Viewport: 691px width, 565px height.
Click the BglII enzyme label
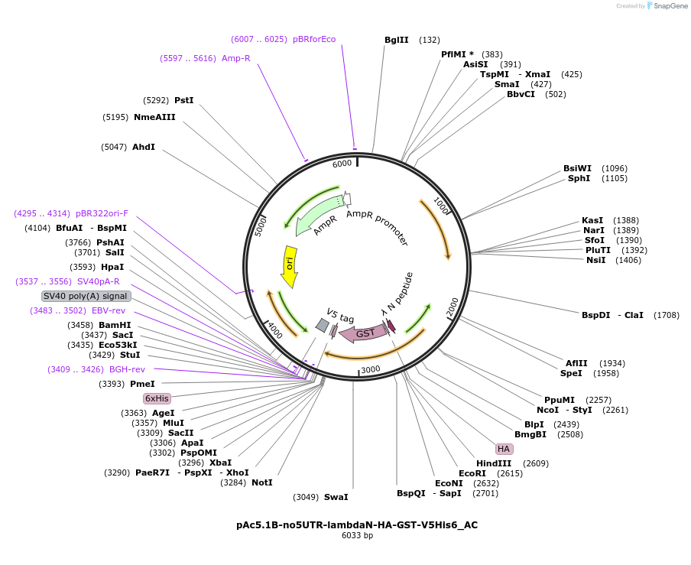(396, 40)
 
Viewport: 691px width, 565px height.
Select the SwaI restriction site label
(336, 497)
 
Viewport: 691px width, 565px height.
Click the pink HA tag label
(503, 449)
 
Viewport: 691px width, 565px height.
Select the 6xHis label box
(157, 398)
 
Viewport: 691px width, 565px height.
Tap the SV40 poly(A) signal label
(86, 296)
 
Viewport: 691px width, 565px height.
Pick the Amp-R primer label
(236, 58)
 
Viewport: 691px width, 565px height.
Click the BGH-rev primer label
(127, 369)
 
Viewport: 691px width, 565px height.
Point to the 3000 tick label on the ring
(371, 369)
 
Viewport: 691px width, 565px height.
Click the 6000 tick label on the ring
(342, 163)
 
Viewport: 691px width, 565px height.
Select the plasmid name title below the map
(357, 525)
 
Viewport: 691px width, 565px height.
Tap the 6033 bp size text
(357, 536)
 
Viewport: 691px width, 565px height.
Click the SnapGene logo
(667, 6)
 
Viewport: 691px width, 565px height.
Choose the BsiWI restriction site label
(577, 168)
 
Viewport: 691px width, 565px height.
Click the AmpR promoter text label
(377, 229)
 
